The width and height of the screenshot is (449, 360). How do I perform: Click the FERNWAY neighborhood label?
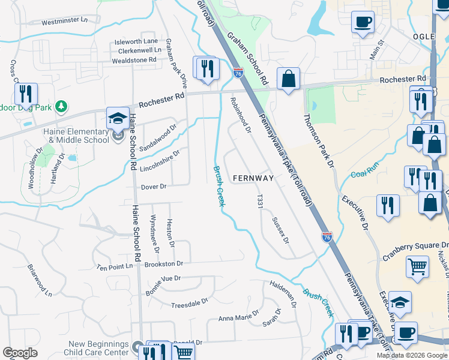(x=253, y=178)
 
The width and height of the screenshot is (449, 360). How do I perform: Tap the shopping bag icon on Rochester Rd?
(x=288, y=79)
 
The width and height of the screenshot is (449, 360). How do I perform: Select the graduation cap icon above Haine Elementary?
(x=118, y=118)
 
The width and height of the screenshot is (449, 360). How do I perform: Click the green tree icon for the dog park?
(x=61, y=107)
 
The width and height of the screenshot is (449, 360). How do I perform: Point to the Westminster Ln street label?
(x=64, y=21)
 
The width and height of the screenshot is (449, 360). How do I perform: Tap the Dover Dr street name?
(x=153, y=187)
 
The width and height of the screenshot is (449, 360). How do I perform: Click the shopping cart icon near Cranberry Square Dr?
(x=417, y=266)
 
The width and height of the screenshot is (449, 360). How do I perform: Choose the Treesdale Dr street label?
(x=189, y=304)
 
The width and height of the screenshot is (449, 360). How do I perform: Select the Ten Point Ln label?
(x=114, y=266)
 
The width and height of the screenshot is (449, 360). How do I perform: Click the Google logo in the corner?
(x=20, y=353)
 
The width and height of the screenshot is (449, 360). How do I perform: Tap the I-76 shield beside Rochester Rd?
(x=238, y=73)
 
